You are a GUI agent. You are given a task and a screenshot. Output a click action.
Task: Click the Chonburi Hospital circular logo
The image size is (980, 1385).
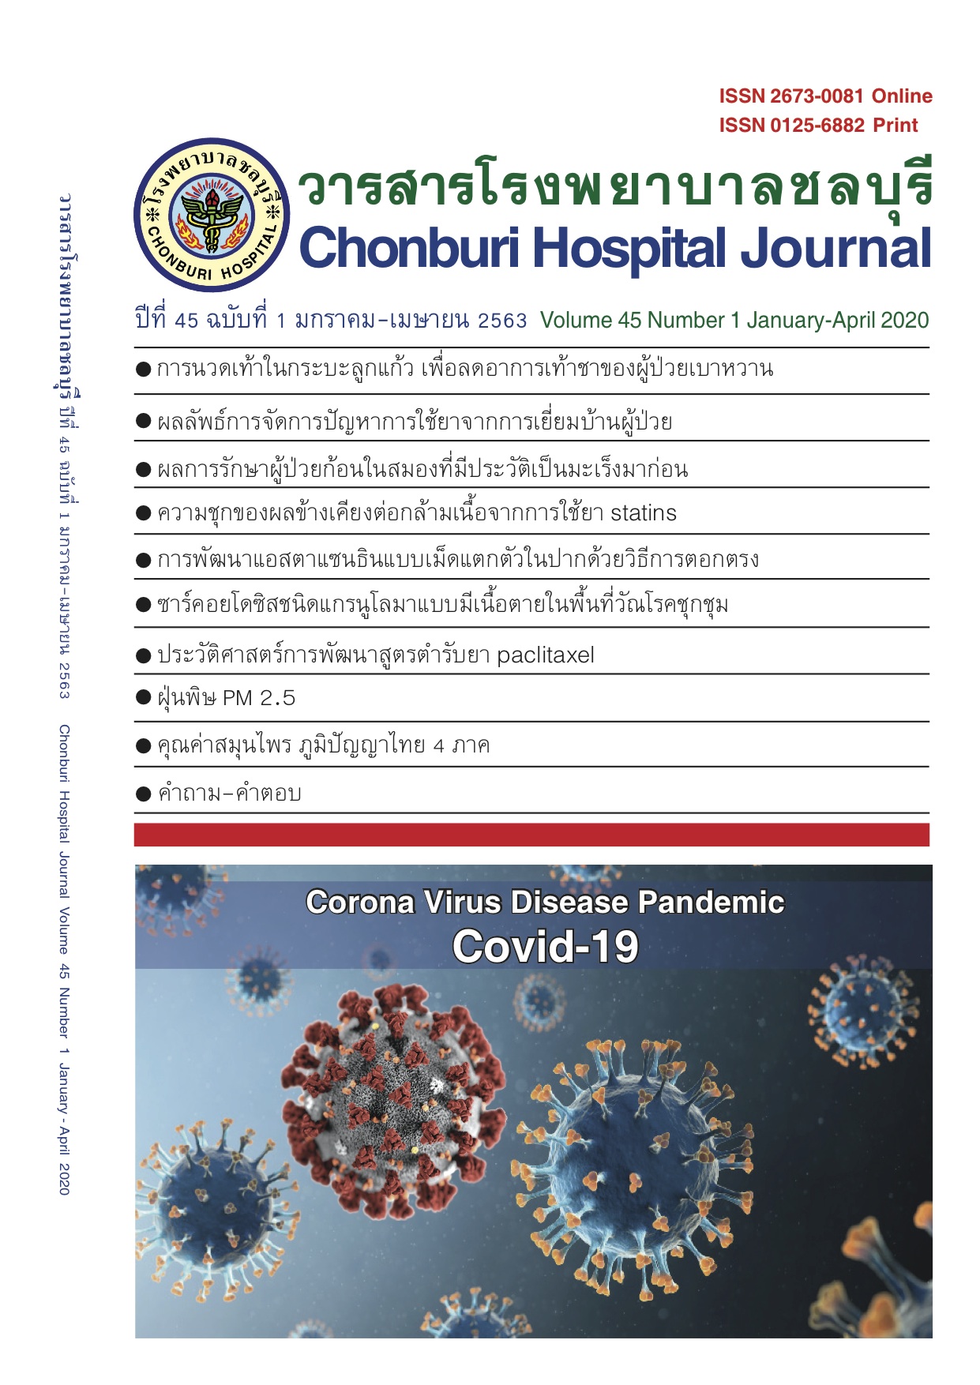tap(212, 215)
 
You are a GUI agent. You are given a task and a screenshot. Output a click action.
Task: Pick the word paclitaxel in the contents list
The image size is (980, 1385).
tap(546, 655)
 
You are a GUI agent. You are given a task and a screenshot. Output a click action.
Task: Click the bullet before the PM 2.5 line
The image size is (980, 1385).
tap(143, 697)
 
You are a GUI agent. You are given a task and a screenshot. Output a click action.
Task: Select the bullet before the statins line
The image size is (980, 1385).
tap(143, 513)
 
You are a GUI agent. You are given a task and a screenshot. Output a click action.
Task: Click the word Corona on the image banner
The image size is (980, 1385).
tap(360, 903)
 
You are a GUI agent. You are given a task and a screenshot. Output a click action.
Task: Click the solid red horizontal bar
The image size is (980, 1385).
tap(531, 835)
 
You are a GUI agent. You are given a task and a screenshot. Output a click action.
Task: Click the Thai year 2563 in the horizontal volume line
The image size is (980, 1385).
tap(502, 321)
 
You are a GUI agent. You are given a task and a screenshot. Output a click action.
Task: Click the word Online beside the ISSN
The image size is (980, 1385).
tap(903, 96)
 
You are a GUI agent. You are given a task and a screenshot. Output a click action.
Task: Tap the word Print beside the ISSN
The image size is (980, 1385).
tap(896, 126)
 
